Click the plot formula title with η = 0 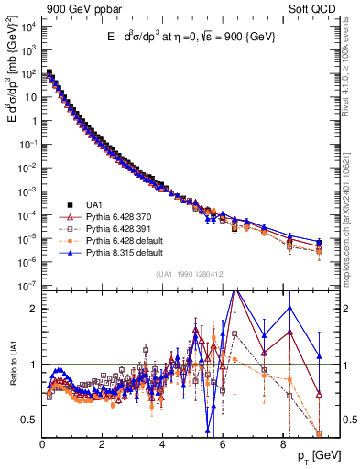click(x=191, y=36)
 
